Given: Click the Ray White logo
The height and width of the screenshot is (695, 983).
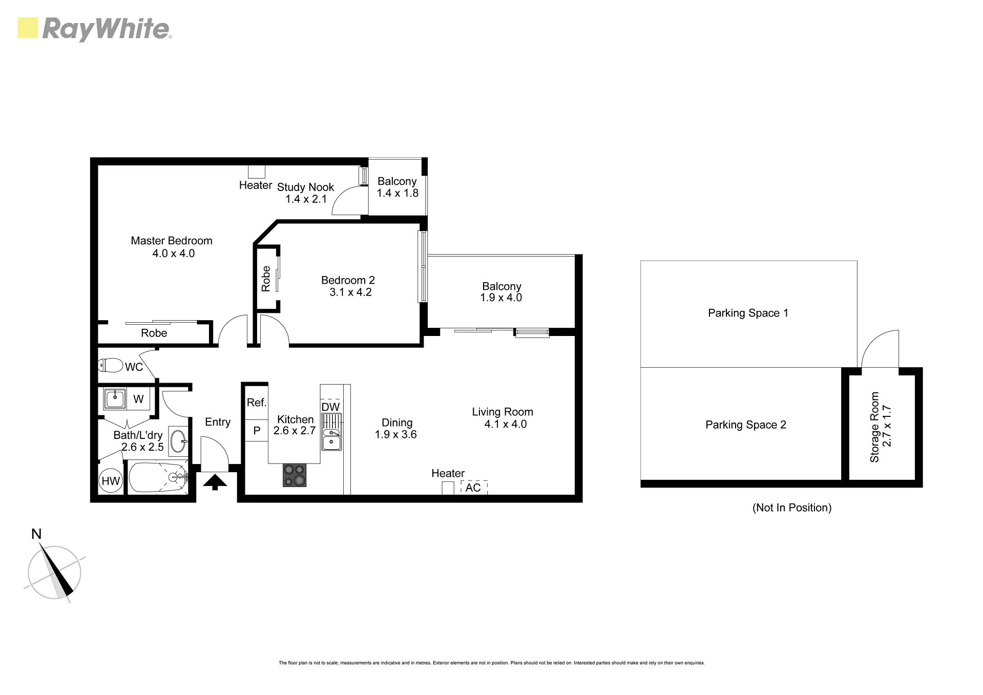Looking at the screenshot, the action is pyautogui.click(x=95, y=29).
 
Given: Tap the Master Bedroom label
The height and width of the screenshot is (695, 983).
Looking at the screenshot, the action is pyautogui.click(x=172, y=241).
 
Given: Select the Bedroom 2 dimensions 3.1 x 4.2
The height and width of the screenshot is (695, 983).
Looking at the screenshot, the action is pyautogui.click(x=350, y=292).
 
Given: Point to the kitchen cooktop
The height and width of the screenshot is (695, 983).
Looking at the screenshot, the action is pyautogui.click(x=295, y=475).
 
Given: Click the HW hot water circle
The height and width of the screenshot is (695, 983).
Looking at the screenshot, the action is pyautogui.click(x=111, y=481).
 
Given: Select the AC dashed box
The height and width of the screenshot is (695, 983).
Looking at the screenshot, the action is pyautogui.click(x=474, y=488).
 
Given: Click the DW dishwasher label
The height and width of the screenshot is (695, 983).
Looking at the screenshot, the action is pyautogui.click(x=330, y=407).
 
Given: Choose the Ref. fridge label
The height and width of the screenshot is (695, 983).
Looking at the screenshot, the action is pyautogui.click(x=257, y=403).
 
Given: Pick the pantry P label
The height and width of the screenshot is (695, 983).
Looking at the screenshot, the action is pyautogui.click(x=257, y=431).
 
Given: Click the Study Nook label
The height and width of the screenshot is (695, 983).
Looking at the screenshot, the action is pyautogui.click(x=305, y=187).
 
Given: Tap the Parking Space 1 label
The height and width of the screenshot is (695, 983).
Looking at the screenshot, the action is pyautogui.click(x=748, y=313).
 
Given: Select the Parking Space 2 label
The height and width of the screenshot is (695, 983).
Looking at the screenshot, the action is pyautogui.click(x=746, y=425).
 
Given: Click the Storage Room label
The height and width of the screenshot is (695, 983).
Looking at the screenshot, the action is pyautogui.click(x=874, y=427).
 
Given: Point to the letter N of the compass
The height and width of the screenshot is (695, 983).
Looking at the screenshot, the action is pyautogui.click(x=36, y=534).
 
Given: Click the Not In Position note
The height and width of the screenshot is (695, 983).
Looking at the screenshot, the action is pyautogui.click(x=792, y=508).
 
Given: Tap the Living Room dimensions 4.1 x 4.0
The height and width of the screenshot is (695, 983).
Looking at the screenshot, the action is pyautogui.click(x=506, y=424).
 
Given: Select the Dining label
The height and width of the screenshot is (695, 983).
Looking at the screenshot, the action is pyautogui.click(x=397, y=423).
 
